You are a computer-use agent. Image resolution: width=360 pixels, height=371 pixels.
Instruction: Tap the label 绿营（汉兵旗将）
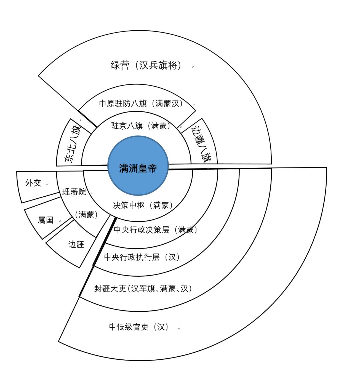point(146,65)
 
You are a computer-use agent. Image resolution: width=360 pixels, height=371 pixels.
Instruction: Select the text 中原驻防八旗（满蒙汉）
point(141,104)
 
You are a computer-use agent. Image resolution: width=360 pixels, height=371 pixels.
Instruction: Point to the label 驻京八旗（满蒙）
point(141,126)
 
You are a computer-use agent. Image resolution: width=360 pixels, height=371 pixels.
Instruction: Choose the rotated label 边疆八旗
point(201,143)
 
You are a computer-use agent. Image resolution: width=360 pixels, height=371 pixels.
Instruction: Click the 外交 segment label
point(33,183)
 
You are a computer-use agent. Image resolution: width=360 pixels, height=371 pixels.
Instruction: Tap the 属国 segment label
point(46,220)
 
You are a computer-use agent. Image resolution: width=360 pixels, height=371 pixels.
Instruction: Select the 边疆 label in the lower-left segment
point(76,244)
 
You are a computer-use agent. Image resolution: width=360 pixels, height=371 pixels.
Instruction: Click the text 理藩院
point(74,192)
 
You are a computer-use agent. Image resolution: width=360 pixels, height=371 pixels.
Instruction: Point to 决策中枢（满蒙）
point(143,205)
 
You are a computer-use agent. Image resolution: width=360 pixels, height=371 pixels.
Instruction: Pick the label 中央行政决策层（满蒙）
point(156,230)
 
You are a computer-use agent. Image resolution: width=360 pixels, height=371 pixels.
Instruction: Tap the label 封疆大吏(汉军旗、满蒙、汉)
point(143,289)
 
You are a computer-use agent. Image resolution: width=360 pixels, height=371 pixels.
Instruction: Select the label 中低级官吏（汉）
point(139,327)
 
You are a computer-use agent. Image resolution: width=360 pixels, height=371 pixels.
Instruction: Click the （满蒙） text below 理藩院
point(86,215)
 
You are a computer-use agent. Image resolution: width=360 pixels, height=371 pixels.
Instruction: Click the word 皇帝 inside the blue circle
point(148,168)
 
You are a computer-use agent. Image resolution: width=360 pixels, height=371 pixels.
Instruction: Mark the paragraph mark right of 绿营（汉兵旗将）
point(193,67)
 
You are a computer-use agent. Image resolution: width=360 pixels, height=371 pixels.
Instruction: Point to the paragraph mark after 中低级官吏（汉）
point(179,328)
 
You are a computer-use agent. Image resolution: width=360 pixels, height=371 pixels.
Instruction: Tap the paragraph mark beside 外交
point(47,184)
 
